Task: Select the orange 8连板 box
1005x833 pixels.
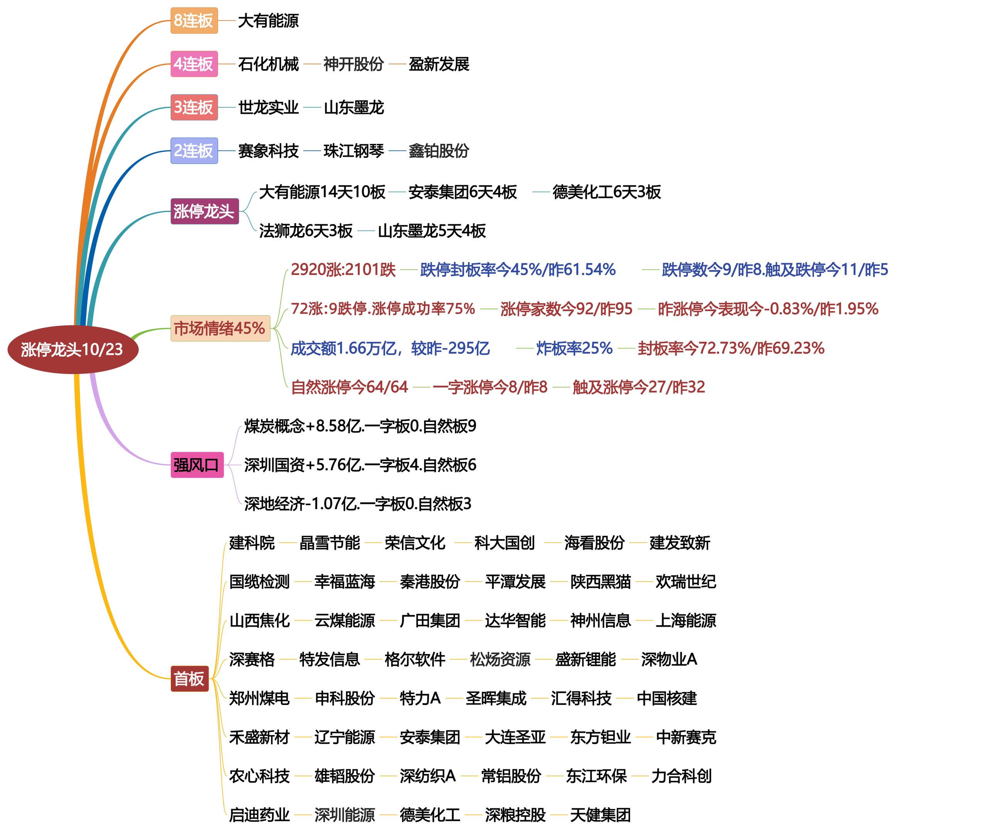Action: [x=194, y=20]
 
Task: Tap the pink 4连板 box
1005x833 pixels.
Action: [x=194, y=64]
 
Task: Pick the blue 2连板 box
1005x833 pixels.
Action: [x=194, y=151]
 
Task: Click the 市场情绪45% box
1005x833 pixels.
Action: [x=220, y=328]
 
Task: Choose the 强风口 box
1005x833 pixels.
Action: [x=197, y=465]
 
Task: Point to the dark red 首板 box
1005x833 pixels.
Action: [x=189, y=678]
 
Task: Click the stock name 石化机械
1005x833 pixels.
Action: [x=268, y=64]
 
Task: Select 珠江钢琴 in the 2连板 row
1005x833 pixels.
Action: [x=354, y=151]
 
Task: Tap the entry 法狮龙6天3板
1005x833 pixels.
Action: [x=306, y=231]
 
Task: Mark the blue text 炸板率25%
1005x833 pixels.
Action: [x=574, y=348]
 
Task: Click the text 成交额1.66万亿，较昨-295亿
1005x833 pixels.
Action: [x=390, y=348]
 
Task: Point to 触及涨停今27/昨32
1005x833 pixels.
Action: [x=638, y=386]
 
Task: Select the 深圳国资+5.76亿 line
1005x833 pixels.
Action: [x=360, y=465]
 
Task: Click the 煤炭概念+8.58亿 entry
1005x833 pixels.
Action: [x=360, y=426]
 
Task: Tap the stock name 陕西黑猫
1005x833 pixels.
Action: [x=600, y=581]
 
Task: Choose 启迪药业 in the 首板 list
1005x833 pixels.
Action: [x=259, y=814]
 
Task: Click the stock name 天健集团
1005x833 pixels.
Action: [x=600, y=814]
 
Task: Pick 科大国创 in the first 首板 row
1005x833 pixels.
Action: [x=504, y=543]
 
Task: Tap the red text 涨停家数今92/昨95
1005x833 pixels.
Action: [x=566, y=309]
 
